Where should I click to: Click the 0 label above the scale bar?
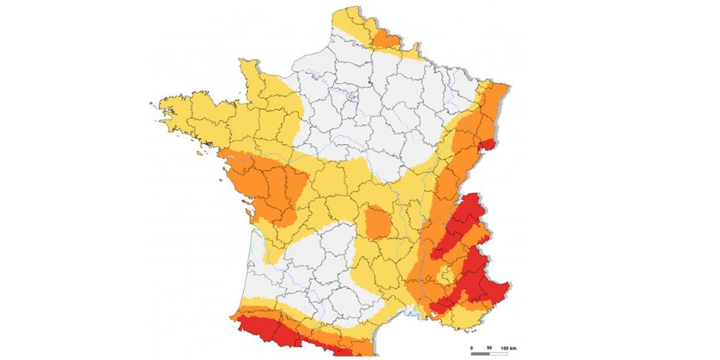472,348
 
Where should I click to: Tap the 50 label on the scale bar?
490,348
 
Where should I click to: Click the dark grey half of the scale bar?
480,354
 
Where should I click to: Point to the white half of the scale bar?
498,354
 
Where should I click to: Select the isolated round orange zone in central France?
377,221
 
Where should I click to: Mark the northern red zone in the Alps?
464,223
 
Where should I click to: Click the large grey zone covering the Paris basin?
367,108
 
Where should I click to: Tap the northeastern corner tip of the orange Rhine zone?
507,85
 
